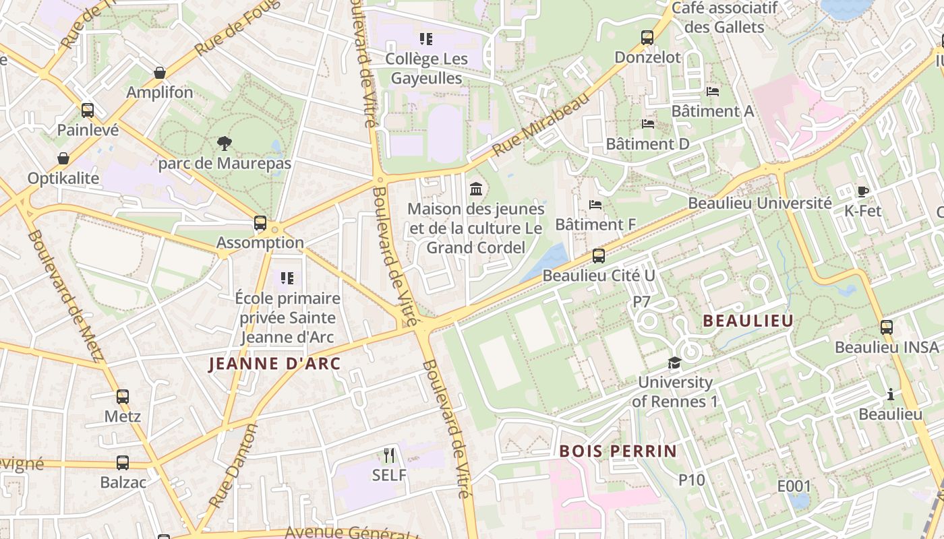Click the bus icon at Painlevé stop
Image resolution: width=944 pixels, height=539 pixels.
(x=88, y=110)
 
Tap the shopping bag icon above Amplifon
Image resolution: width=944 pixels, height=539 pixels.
(x=160, y=73)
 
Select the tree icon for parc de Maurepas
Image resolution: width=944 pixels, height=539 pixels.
(x=225, y=144)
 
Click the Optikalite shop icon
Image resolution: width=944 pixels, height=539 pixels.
(x=63, y=159)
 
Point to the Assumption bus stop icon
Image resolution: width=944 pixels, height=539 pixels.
(x=260, y=223)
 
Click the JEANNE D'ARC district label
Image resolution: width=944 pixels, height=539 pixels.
(x=274, y=364)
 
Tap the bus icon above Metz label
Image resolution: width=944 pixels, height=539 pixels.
(x=122, y=397)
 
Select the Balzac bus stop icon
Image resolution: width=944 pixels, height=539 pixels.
(x=122, y=463)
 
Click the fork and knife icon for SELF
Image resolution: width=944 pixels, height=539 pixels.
(x=389, y=455)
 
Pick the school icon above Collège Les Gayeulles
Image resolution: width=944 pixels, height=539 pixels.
(x=426, y=39)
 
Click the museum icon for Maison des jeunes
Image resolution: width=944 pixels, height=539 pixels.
(x=476, y=188)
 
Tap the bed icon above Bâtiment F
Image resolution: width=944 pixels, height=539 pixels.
(x=595, y=205)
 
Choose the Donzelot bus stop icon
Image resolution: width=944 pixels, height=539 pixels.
(x=647, y=38)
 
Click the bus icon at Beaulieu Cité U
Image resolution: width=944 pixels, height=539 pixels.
(x=598, y=256)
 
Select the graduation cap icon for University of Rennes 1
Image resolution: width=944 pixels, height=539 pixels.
(x=674, y=363)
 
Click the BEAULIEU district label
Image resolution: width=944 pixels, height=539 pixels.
(x=748, y=321)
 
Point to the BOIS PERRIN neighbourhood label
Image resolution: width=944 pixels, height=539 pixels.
(x=618, y=451)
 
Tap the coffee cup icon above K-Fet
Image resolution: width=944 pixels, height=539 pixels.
(x=863, y=191)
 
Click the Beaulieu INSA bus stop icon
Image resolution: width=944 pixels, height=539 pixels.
(x=887, y=327)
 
